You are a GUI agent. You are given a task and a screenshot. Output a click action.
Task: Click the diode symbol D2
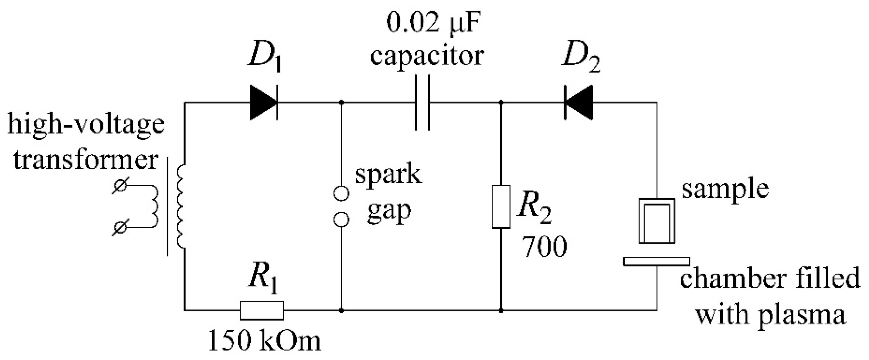point(578,102)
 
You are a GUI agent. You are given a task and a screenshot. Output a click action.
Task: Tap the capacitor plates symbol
point(422,102)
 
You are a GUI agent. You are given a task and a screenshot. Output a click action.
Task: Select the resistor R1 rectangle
point(262,310)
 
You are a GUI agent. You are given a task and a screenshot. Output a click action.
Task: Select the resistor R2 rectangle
point(501,206)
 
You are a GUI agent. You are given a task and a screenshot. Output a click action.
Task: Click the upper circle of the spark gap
point(341,193)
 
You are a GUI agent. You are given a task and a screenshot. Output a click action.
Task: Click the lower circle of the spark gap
point(341,220)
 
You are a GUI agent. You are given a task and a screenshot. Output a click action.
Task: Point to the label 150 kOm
point(265,341)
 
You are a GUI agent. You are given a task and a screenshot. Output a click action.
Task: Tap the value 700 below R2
point(545,247)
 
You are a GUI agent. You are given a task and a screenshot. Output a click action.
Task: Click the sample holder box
point(657,221)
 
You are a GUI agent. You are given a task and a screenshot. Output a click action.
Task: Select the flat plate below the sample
point(656,261)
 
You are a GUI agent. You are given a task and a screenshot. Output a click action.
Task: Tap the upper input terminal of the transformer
point(120,186)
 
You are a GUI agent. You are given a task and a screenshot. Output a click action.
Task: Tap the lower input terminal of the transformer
point(120,227)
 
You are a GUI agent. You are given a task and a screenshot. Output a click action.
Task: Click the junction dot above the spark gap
point(341,102)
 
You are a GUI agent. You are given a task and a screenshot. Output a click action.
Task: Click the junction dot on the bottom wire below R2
point(501,311)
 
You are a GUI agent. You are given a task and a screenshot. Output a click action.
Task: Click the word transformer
point(86,160)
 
